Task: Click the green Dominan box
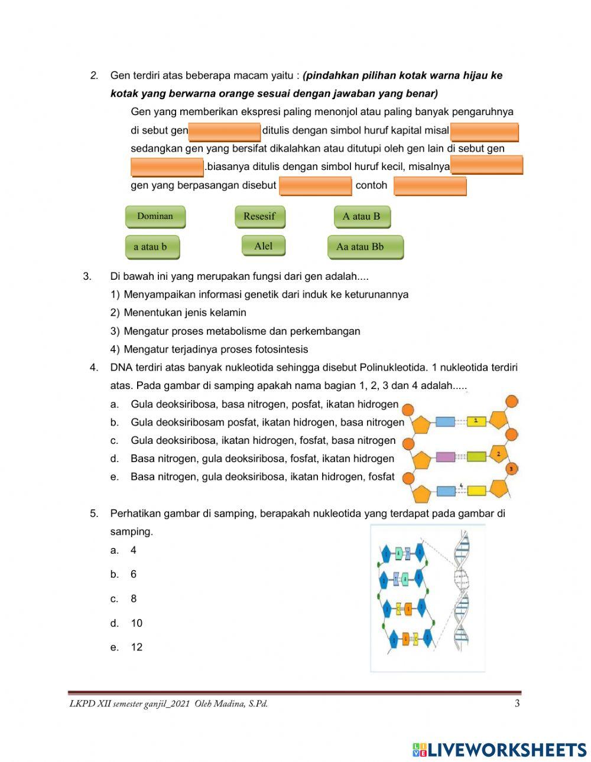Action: [155, 216]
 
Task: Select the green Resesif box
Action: [259, 216]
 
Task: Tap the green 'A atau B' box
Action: [362, 216]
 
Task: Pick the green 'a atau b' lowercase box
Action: [151, 247]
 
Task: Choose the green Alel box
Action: [263, 246]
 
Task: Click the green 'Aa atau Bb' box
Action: [365, 247]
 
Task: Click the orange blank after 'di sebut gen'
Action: [225, 131]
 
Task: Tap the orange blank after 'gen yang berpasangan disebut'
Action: [315, 185]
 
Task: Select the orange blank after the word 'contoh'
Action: [430, 186]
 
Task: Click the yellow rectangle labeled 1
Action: [476, 421]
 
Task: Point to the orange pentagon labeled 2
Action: [498, 454]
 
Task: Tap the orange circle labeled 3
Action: [511, 469]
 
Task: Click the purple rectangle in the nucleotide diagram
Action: [446, 456]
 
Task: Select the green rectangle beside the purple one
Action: [476, 456]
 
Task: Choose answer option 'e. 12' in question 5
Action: [137, 647]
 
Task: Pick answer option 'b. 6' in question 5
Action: [134, 574]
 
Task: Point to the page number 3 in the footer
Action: [517, 703]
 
